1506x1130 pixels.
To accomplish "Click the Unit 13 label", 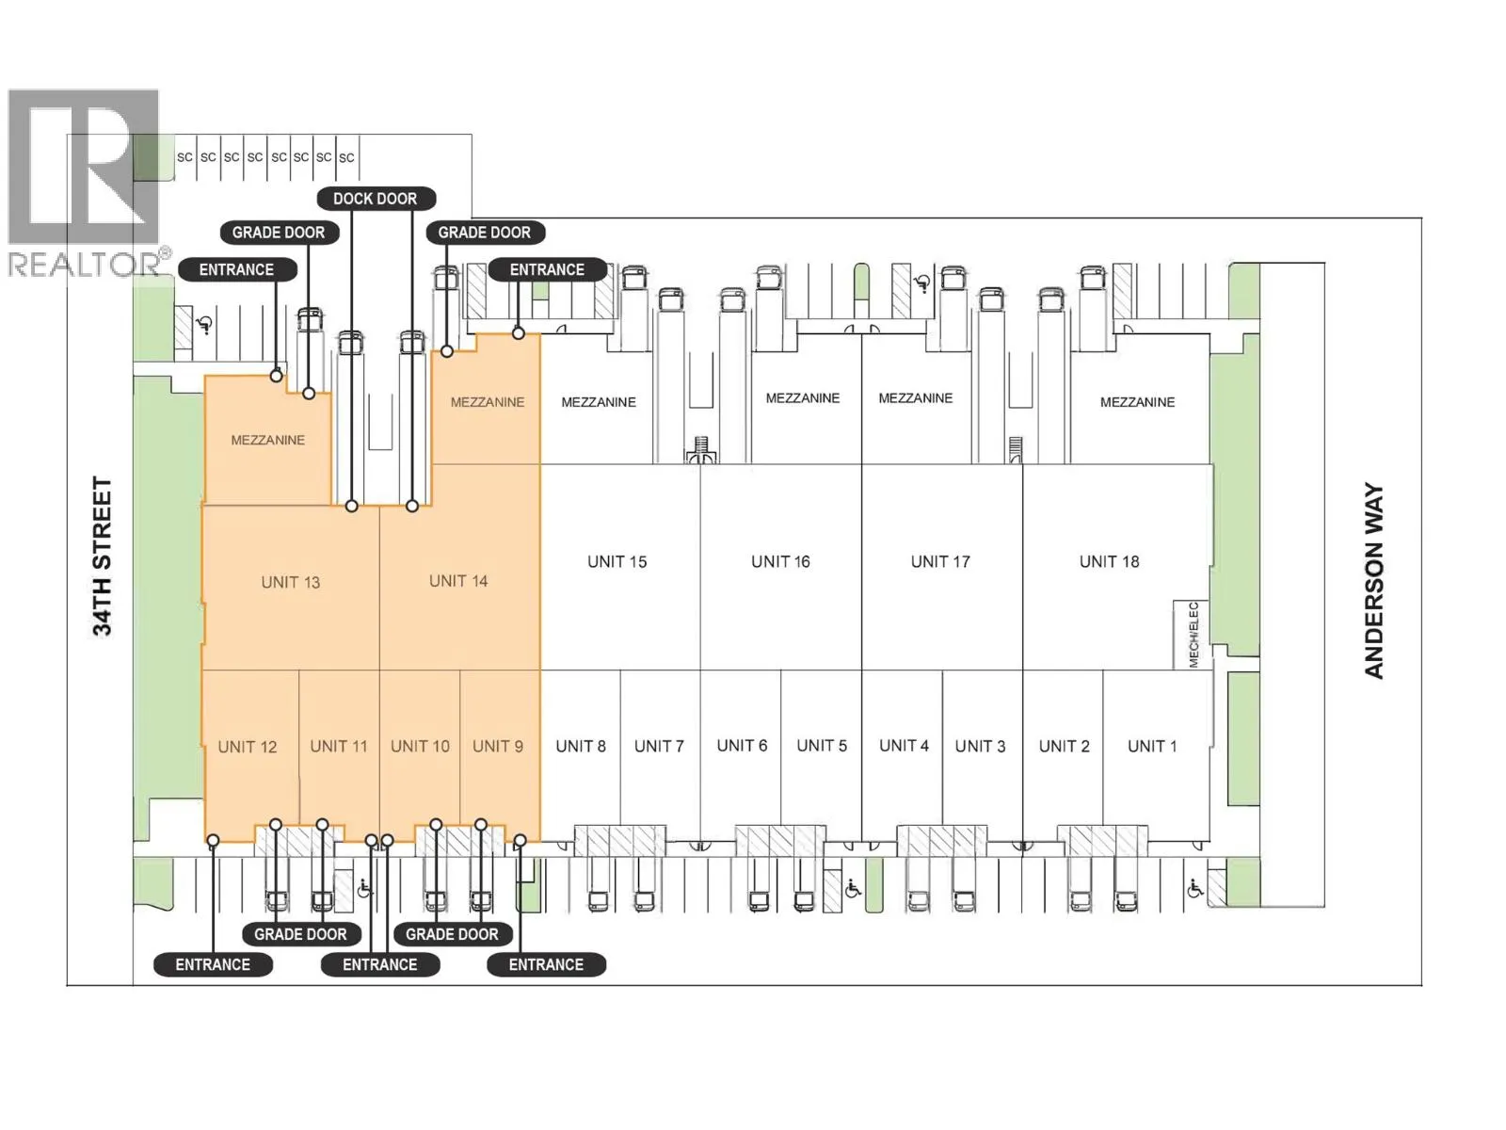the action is [290, 583].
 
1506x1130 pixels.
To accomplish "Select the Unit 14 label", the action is [458, 581].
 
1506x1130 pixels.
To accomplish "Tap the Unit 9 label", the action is [498, 746].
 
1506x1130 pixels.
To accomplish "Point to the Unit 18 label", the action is [1109, 562].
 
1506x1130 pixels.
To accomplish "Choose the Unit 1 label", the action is [1152, 746].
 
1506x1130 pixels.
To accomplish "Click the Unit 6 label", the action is [742, 745].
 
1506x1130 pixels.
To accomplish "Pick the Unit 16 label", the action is [780, 562].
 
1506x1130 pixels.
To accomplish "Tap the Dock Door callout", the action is [376, 199].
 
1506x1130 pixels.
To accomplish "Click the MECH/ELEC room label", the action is [1194, 635].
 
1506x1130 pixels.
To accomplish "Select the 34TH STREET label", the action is [102, 557].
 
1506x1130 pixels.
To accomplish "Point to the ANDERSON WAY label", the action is [1373, 581].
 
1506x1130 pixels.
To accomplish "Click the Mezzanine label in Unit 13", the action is [267, 440].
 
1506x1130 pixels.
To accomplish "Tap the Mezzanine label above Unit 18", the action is [1137, 402].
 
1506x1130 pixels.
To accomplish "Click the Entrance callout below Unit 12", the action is [213, 964].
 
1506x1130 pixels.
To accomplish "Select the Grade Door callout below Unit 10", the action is [452, 934].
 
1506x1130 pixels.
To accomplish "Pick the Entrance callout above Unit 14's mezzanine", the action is [547, 269].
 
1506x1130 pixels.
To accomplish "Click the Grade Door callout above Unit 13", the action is [279, 233].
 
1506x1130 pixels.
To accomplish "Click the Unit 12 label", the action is [247, 747].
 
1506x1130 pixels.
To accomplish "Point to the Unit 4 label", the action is [904, 745].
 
